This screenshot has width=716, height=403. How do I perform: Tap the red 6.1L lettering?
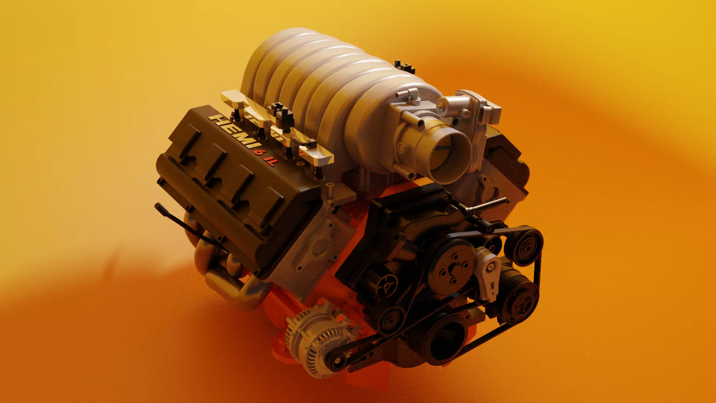pos(266,157)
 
